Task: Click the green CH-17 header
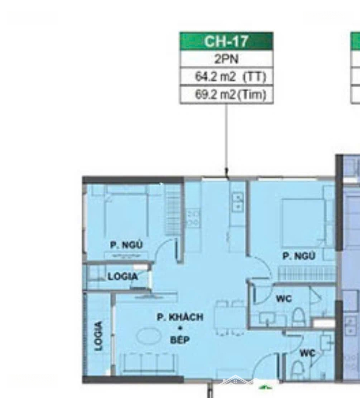(226, 41)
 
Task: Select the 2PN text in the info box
(226, 59)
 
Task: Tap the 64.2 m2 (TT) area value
(230, 76)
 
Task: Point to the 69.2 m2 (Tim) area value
(230, 95)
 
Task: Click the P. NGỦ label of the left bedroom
(126, 245)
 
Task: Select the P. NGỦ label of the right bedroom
(299, 256)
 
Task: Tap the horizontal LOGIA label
(123, 276)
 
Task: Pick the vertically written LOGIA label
(98, 336)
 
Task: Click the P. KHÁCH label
(180, 317)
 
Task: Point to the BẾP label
(180, 340)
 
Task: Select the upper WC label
(284, 298)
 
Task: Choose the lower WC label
(307, 353)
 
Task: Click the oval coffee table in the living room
(149, 336)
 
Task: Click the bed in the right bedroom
(303, 223)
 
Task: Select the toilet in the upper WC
(298, 317)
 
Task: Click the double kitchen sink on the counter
(238, 202)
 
